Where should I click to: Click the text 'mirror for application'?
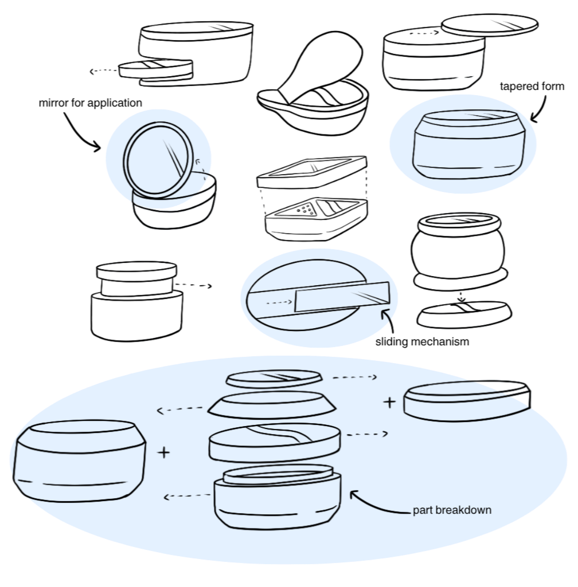[x=91, y=103]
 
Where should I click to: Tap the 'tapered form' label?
[x=532, y=86]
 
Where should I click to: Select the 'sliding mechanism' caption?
[x=422, y=342]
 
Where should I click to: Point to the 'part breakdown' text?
[x=452, y=510]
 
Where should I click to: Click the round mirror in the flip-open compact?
[x=159, y=160]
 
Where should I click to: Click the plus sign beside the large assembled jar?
[x=164, y=452]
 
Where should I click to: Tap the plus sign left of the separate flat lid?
[x=390, y=402]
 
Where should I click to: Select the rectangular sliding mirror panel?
[x=342, y=297]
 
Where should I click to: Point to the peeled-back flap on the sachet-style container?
[x=322, y=65]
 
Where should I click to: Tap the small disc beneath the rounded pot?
[x=464, y=314]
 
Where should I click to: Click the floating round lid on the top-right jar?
[x=490, y=25]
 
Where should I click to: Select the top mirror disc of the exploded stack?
[x=274, y=379]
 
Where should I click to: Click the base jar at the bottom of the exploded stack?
[x=278, y=498]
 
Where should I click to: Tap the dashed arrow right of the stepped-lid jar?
[x=193, y=285]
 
